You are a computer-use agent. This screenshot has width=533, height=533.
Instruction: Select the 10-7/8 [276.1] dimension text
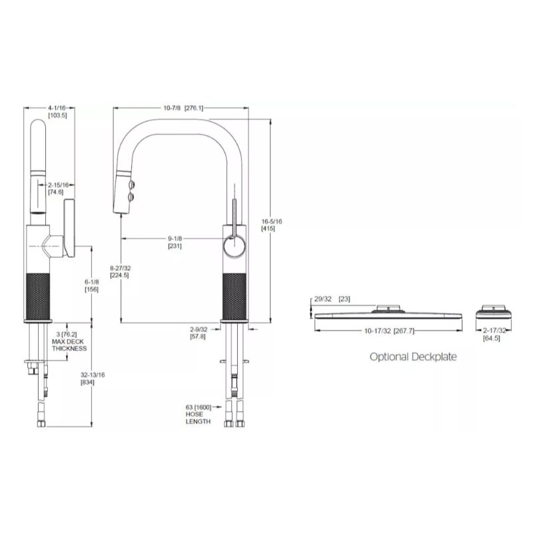[183, 108]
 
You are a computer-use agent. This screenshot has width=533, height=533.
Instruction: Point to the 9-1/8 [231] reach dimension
[175, 242]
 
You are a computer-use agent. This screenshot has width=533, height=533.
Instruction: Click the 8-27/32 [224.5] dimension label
[120, 270]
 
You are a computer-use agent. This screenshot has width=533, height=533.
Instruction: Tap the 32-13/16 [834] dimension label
[87, 379]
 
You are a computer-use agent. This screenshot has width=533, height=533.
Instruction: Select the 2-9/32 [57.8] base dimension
[199, 333]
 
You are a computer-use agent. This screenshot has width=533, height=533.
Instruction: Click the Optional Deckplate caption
[413, 356]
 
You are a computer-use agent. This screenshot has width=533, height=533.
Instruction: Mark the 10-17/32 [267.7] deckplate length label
[389, 330]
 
